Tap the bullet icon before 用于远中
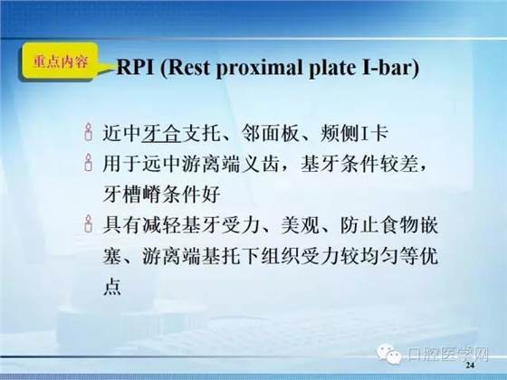coord(88,165)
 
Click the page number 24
coord(468,368)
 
